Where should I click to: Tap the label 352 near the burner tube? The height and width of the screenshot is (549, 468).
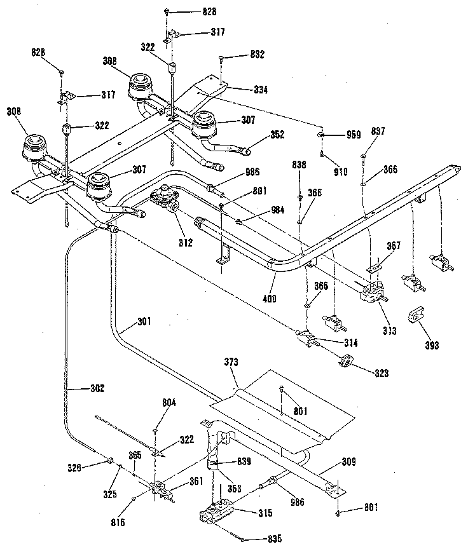point(277,134)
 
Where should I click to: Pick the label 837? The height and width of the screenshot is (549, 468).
point(378,131)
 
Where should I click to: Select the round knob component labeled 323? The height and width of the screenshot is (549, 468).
point(347,363)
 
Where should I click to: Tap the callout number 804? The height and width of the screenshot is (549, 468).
point(169,402)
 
